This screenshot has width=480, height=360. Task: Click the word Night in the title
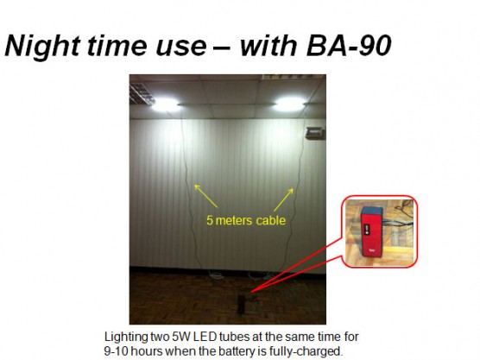(42, 46)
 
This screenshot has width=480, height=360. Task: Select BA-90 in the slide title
(349, 45)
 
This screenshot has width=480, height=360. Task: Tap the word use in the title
(181, 47)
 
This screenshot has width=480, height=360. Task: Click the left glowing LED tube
(165, 105)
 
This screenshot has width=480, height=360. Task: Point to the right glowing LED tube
(289, 104)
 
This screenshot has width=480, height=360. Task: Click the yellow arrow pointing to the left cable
(205, 196)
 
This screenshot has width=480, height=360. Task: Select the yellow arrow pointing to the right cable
(284, 200)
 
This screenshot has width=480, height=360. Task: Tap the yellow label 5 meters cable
(246, 220)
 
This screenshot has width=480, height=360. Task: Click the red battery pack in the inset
(371, 231)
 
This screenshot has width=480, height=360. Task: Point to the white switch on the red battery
(367, 230)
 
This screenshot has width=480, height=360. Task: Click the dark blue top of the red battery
(372, 211)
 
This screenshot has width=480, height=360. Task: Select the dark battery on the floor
(241, 305)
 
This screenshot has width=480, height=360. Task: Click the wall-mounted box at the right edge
(315, 133)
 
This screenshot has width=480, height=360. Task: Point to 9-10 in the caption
(116, 351)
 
